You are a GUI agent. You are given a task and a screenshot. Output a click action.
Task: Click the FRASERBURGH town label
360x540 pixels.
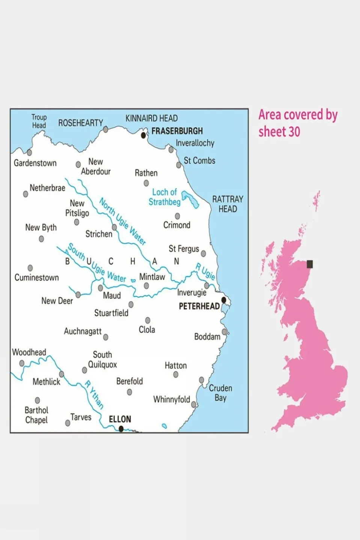pyautogui.click(x=177, y=131)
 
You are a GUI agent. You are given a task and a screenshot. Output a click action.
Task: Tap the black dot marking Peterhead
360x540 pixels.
pyautogui.click(x=224, y=300)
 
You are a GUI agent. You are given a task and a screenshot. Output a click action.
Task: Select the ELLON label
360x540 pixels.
pyautogui.click(x=120, y=419)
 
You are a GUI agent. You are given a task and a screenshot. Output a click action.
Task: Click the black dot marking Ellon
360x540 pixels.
pyautogui.click(x=121, y=429)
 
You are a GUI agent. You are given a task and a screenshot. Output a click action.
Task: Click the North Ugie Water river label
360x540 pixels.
pyautogui.click(x=122, y=221)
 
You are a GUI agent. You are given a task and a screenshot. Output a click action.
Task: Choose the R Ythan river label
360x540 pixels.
pyautogui.click(x=94, y=394)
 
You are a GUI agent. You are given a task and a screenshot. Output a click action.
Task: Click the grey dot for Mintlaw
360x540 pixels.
pyautogui.click(x=146, y=286)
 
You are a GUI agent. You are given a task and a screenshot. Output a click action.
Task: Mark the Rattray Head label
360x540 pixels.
pyautogui.click(x=228, y=204)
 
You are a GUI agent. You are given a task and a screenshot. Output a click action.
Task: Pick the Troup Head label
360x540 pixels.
pyautogui.click(x=39, y=121)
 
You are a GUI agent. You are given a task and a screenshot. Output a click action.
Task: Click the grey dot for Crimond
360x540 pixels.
pyautogui.click(x=177, y=216)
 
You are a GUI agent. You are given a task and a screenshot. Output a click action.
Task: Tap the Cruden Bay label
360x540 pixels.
pyautogui.click(x=220, y=393)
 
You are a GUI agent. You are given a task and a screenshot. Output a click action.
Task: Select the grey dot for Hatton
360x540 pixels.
pyautogui.click(x=176, y=375)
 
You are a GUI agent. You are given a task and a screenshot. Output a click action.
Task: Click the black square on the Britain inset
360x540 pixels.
pyautogui.click(x=310, y=264)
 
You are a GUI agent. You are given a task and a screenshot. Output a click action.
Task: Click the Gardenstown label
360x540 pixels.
pyautogui.click(x=35, y=163)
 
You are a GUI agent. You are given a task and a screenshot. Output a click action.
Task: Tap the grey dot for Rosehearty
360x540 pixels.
pyautogui.click(x=105, y=129)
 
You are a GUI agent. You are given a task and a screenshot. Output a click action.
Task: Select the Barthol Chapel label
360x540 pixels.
pyautogui.click(x=36, y=415)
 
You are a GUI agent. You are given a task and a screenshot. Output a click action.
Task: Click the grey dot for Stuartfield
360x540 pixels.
pyautogui.click(x=131, y=304)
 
